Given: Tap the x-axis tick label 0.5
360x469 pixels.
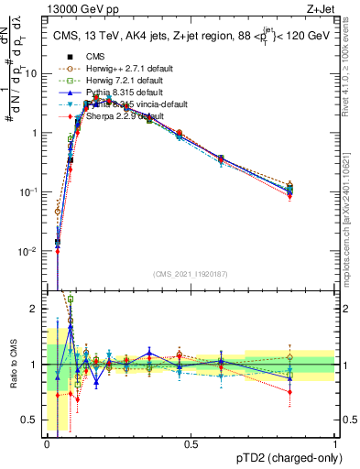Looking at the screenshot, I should [191, 444].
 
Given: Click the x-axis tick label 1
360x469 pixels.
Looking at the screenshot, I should [335, 444].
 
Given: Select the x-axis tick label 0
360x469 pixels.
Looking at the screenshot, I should [48, 444].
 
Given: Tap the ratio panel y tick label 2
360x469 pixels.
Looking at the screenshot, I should [34, 310].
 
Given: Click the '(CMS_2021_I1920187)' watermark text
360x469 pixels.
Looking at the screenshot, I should [191, 274].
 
